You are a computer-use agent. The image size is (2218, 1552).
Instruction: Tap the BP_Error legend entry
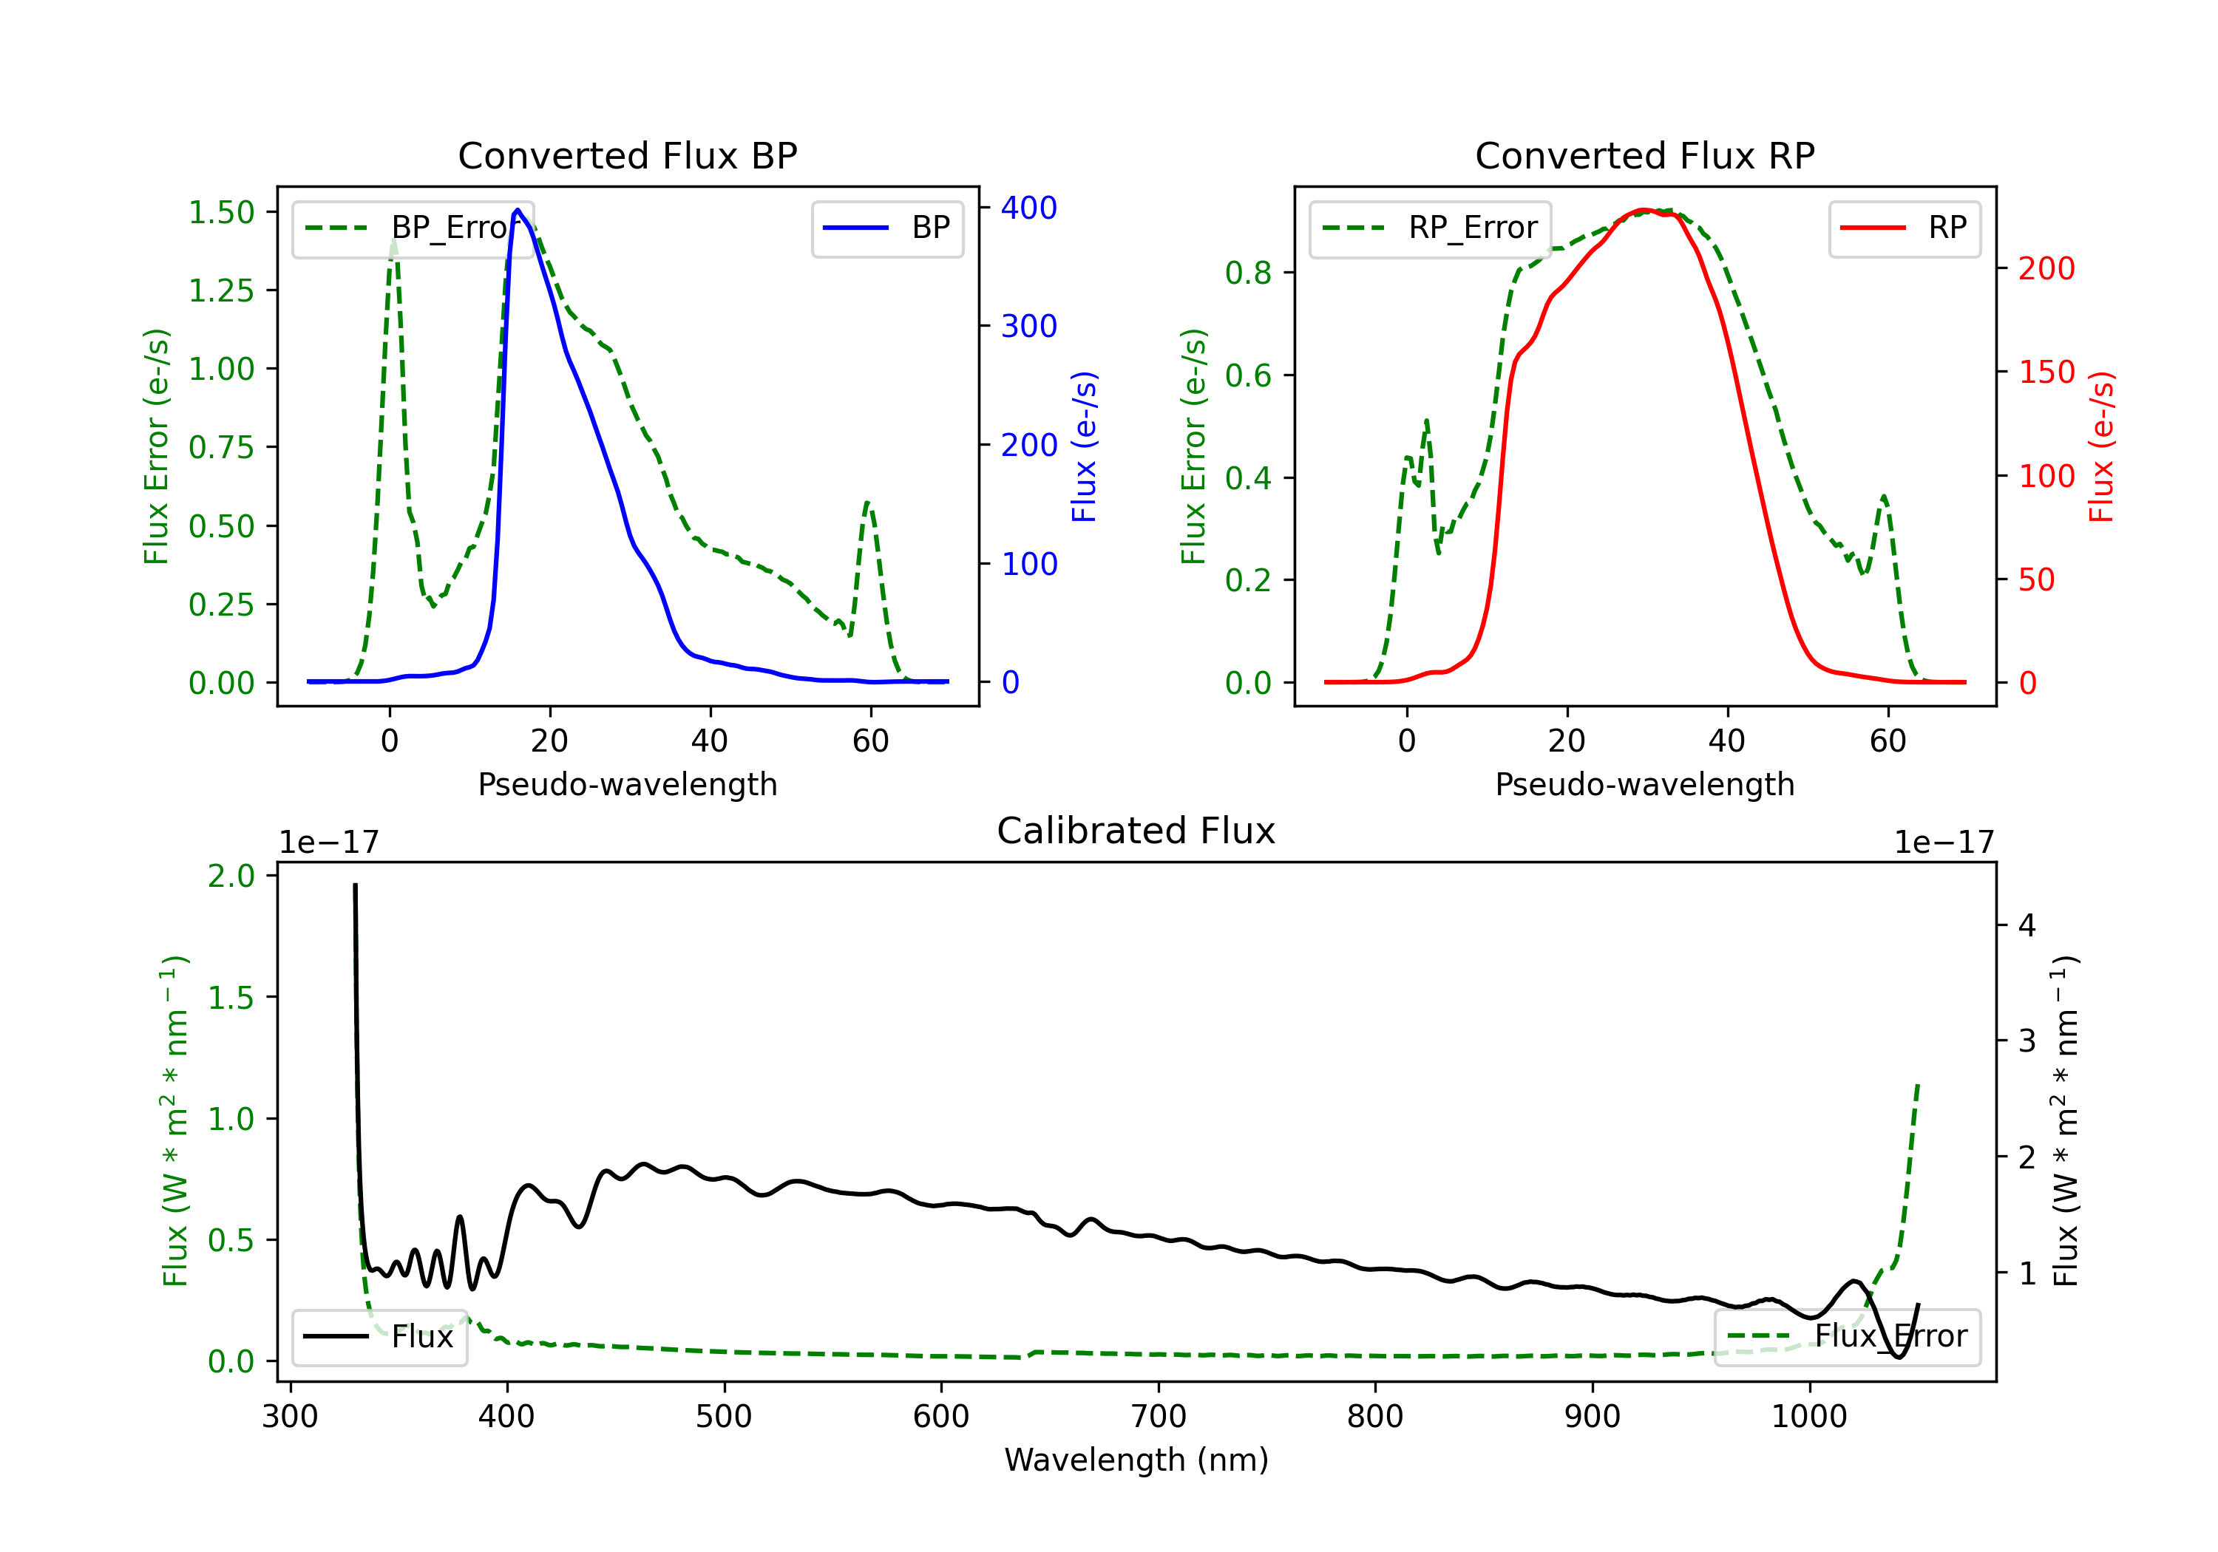tap(413, 228)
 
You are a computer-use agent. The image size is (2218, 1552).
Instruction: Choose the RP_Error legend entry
tap(1430, 228)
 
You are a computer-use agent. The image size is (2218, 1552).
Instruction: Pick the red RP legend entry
tap(1904, 228)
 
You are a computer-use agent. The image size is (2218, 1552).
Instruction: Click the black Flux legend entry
tap(380, 1337)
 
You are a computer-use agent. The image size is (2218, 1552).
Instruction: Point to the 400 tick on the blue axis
tap(1029, 208)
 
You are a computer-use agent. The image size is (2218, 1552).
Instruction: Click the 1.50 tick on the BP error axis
tap(221, 212)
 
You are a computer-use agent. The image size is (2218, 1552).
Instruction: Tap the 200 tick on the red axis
tap(2046, 268)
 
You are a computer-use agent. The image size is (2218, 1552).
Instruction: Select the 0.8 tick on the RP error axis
tap(1248, 273)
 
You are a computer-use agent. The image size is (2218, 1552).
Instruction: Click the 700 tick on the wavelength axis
tap(1159, 1417)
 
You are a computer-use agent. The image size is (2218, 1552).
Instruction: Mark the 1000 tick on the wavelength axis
tap(1808, 1417)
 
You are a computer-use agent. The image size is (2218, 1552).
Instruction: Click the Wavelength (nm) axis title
tap(1136, 1460)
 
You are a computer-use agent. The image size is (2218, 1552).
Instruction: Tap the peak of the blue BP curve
tap(518, 210)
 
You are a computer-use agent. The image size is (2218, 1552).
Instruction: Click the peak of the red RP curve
tap(1644, 210)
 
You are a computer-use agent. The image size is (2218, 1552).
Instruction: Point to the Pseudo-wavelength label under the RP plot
tap(1644, 784)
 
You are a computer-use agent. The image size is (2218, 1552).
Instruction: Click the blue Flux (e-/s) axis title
tap(1084, 446)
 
